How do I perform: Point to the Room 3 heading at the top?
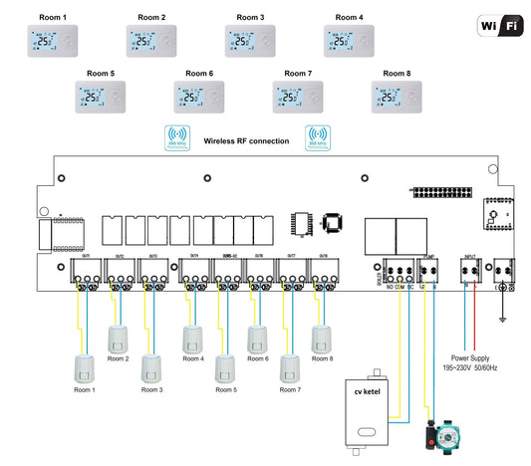[x=250, y=18]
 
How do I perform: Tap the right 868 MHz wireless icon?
[x=319, y=138]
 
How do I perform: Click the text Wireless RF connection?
[x=247, y=141]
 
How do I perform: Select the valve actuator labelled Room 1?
[x=84, y=369]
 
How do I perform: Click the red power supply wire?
[x=481, y=319]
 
